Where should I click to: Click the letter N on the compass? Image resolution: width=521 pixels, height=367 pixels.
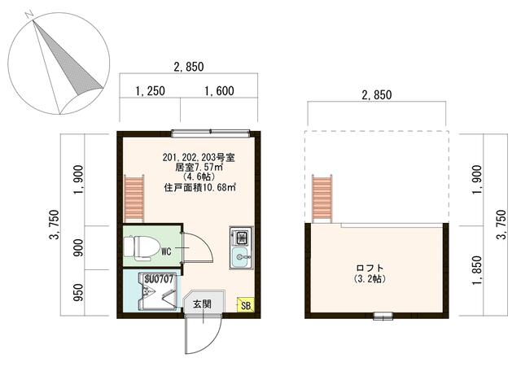point(28,15)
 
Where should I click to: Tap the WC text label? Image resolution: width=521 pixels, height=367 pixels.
point(165,251)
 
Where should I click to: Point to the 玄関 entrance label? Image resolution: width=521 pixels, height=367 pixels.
point(202,305)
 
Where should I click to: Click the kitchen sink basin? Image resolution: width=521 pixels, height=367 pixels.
point(242,260)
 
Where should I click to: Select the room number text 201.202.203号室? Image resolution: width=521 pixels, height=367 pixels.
point(199,158)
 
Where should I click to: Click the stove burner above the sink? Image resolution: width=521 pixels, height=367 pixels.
point(242,238)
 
